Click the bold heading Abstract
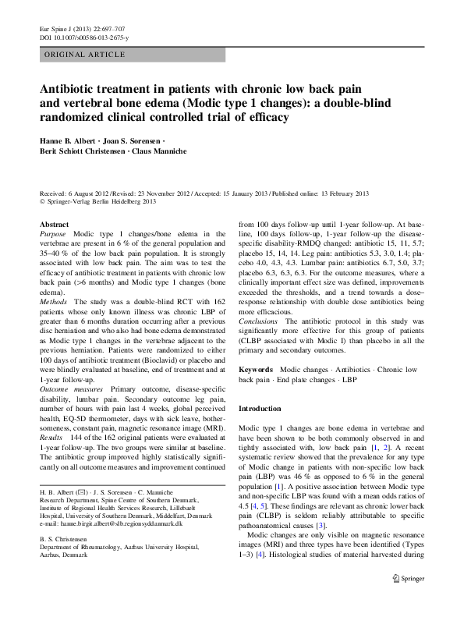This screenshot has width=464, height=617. (54, 223)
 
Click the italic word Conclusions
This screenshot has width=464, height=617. (257, 321)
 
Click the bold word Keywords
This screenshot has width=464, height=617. (256, 367)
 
